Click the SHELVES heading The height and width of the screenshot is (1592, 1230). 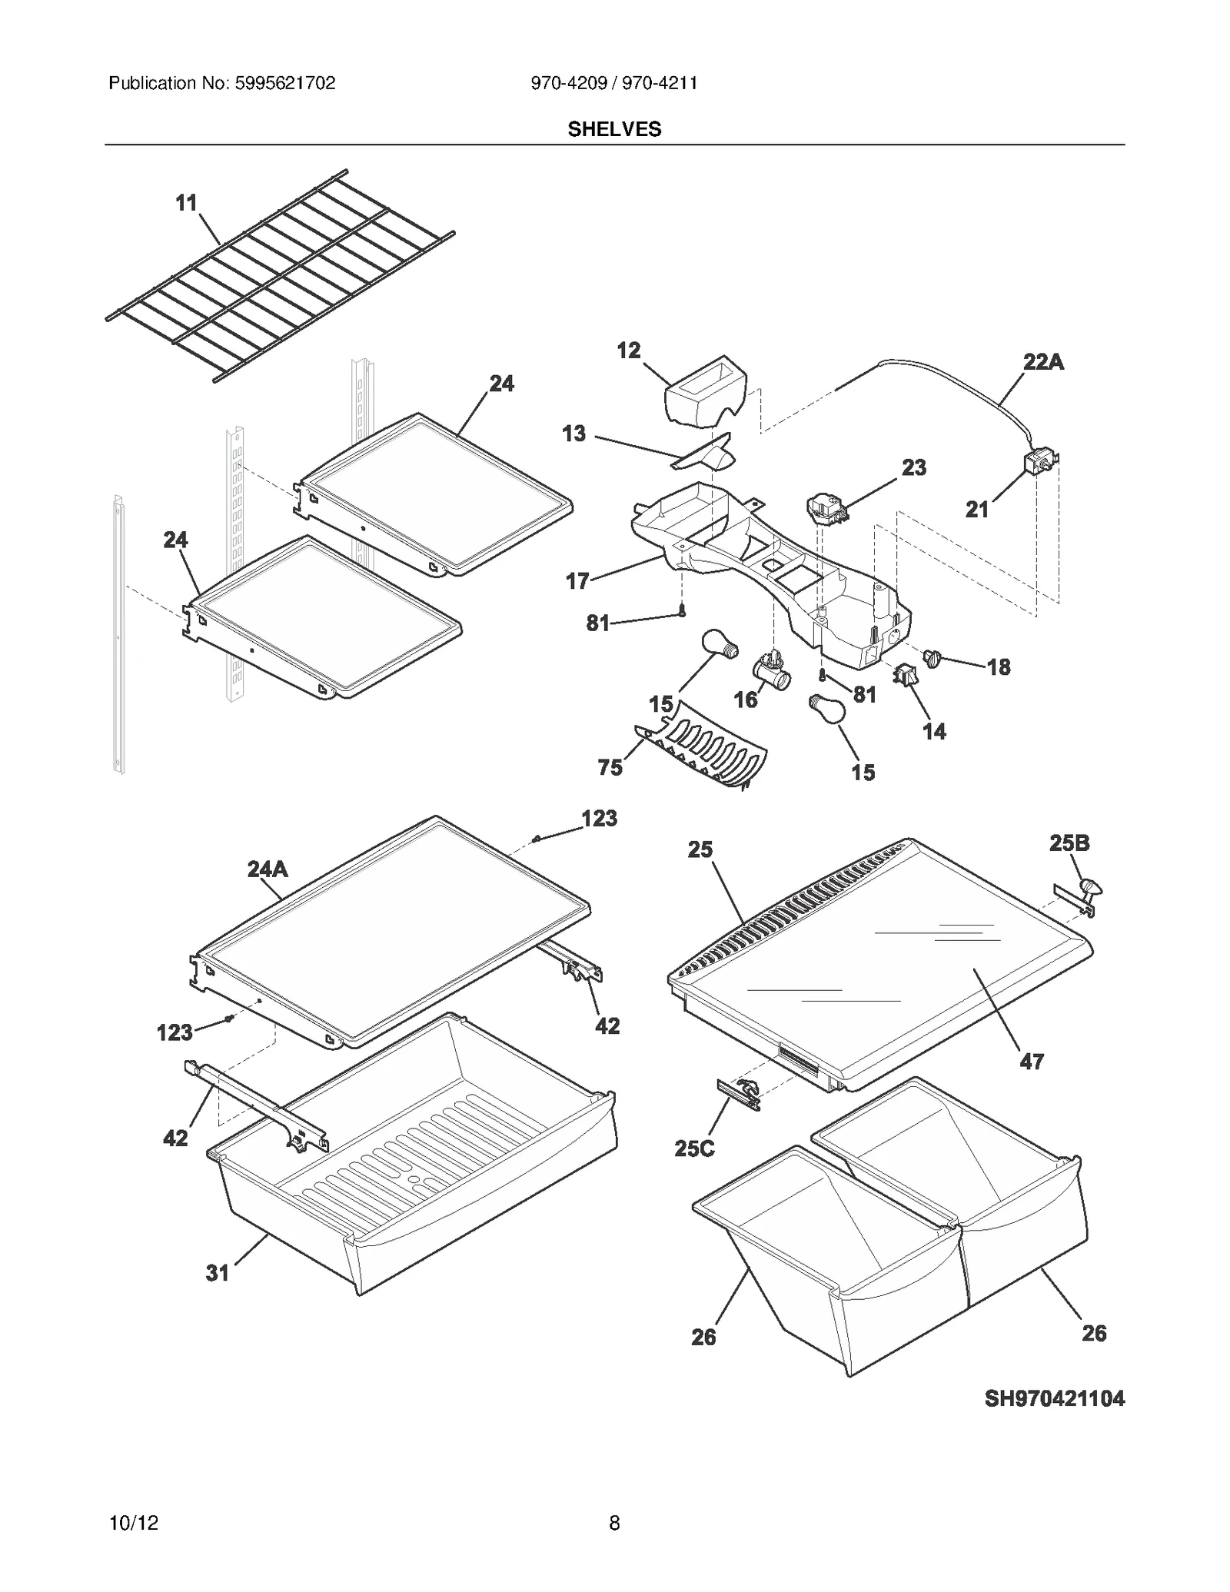pyautogui.click(x=614, y=129)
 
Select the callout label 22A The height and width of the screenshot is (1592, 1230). pyautogui.click(x=1043, y=361)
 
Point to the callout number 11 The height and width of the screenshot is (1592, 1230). pyautogui.click(x=186, y=203)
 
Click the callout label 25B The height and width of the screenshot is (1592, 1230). pyautogui.click(x=1069, y=843)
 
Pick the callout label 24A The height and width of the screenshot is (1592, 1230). pyautogui.click(x=268, y=869)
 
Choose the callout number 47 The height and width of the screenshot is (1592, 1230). pyautogui.click(x=1031, y=1062)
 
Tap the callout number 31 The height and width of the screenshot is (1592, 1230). pyautogui.click(x=218, y=1273)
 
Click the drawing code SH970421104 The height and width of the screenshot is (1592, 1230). pyautogui.click(x=1054, y=1398)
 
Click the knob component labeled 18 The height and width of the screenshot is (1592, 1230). pyautogui.click(x=932, y=658)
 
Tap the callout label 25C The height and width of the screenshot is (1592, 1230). pyautogui.click(x=694, y=1148)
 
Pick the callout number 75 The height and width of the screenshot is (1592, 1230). pyautogui.click(x=610, y=766)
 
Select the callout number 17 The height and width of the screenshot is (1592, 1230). pyautogui.click(x=577, y=581)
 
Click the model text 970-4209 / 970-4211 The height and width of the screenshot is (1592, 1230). pyautogui.click(x=614, y=83)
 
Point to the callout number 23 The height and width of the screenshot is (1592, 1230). pyautogui.click(x=914, y=467)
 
